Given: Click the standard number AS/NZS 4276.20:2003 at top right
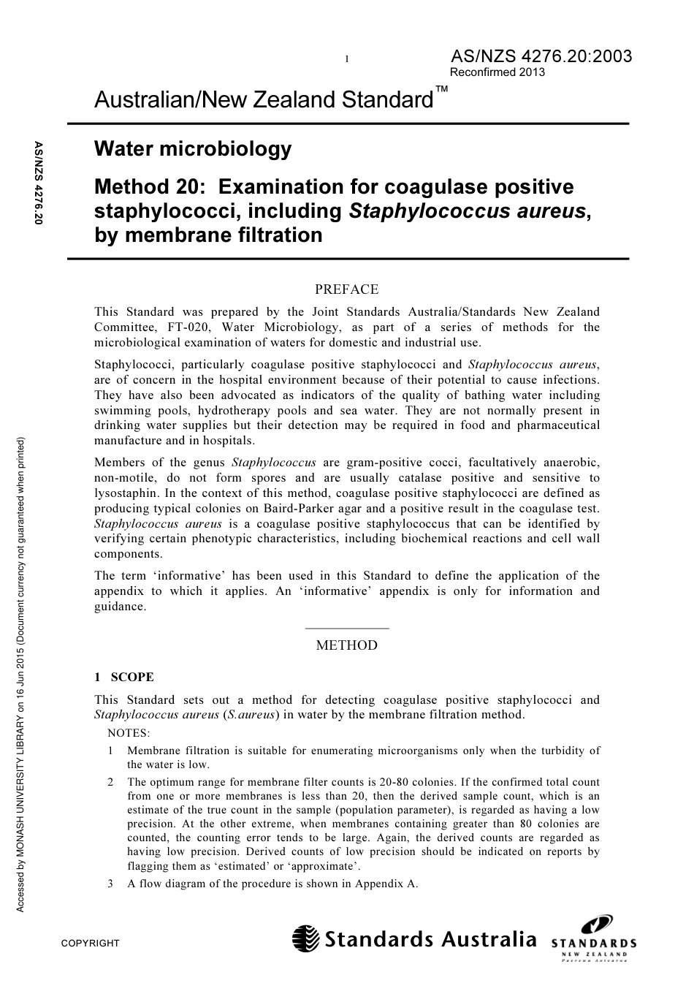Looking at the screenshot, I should pyautogui.click(x=541, y=56).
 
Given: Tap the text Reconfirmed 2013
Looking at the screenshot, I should pyautogui.click(x=497, y=72).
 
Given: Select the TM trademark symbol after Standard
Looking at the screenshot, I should pyautogui.click(x=441, y=89).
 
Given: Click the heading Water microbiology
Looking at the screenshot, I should pyautogui.click(x=193, y=149).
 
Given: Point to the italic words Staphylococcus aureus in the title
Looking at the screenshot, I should pyautogui.click(x=468, y=211).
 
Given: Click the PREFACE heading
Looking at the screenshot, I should pyautogui.click(x=346, y=289).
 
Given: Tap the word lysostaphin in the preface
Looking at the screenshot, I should pyautogui.click(x=125, y=493).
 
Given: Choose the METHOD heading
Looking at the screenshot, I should pyautogui.click(x=346, y=645).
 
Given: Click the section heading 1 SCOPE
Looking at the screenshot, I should pyautogui.click(x=124, y=677).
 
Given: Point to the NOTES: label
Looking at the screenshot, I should pyautogui.click(x=129, y=732).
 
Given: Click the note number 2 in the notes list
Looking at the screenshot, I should pyautogui.click(x=110, y=782).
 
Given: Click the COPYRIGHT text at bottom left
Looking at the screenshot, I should pyautogui.click(x=90, y=943).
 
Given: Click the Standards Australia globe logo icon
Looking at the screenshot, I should pyautogui.click(x=306, y=938).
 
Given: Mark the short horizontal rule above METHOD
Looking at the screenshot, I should pyautogui.click(x=346, y=628).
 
